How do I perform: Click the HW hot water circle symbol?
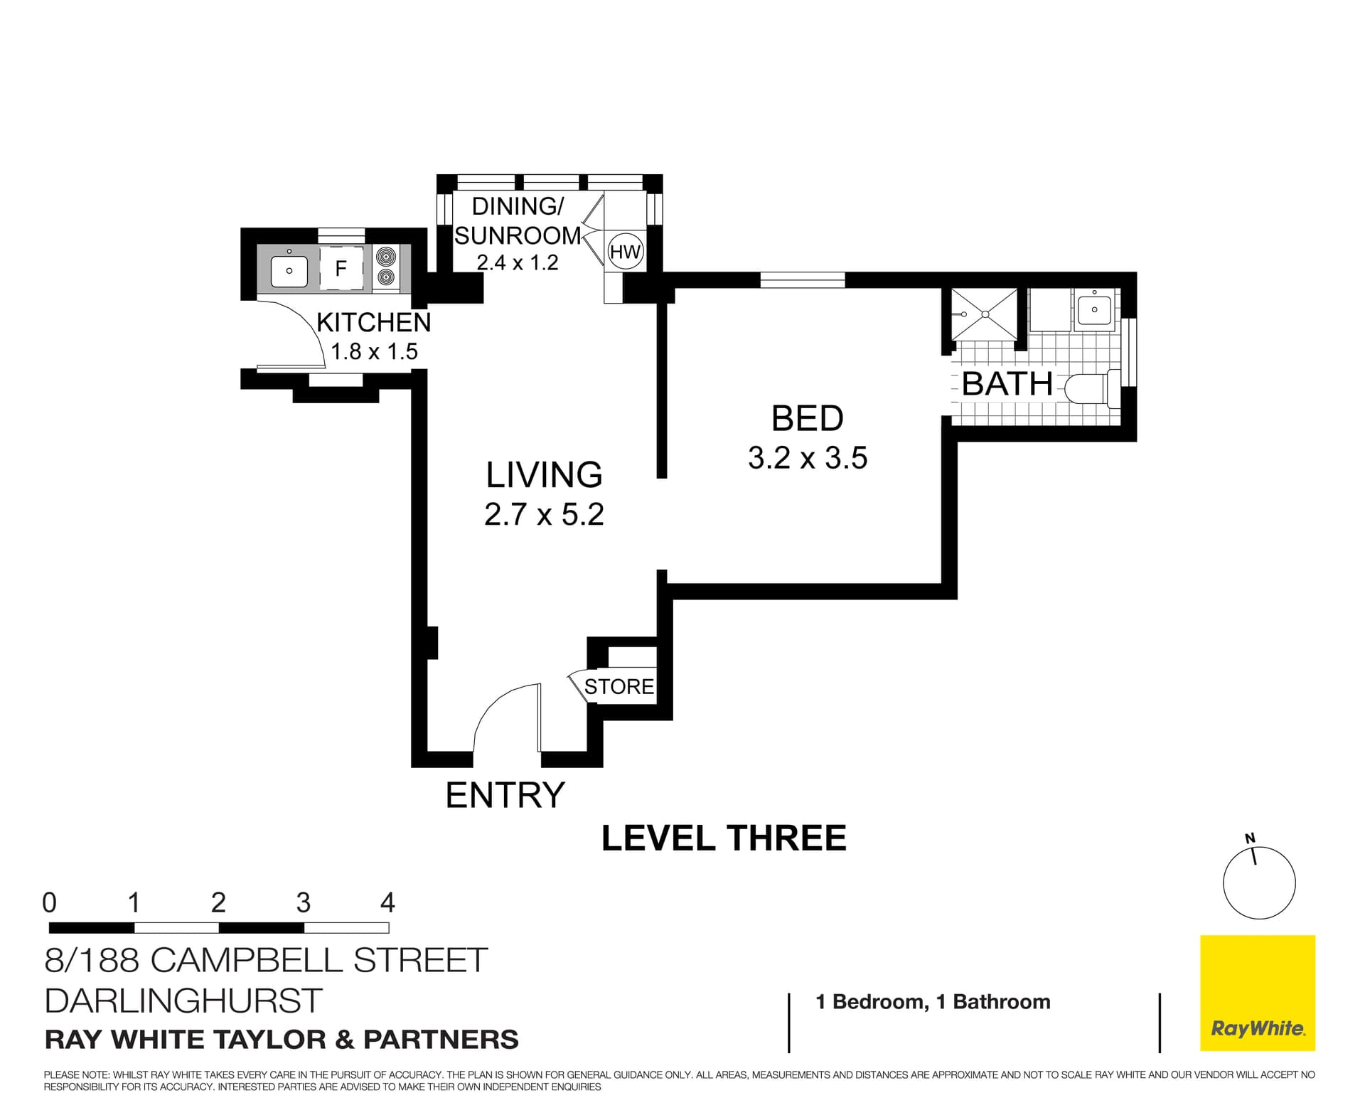(626, 252)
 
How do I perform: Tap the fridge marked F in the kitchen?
(341, 268)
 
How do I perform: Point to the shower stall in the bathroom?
(985, 314)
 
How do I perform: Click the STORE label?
(619, 686)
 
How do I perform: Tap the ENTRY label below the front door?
(505, 795)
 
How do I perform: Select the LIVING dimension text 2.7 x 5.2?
(544, 514)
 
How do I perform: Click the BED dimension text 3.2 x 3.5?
(807, 457)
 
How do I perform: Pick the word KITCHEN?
(373, 322)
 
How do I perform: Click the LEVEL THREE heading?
(724, 838)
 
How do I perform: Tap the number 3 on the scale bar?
(303, 902)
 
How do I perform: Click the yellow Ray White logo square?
(1257, 993)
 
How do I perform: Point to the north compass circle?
(1259, 882)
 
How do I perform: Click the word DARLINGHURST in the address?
(183, 1001)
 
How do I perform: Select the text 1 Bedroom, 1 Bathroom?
(933, 1001)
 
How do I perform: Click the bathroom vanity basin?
(1094, 309)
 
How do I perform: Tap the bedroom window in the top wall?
(802, 280)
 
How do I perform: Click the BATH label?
(1007, 384)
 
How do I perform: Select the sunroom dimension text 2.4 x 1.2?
(518, 262)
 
